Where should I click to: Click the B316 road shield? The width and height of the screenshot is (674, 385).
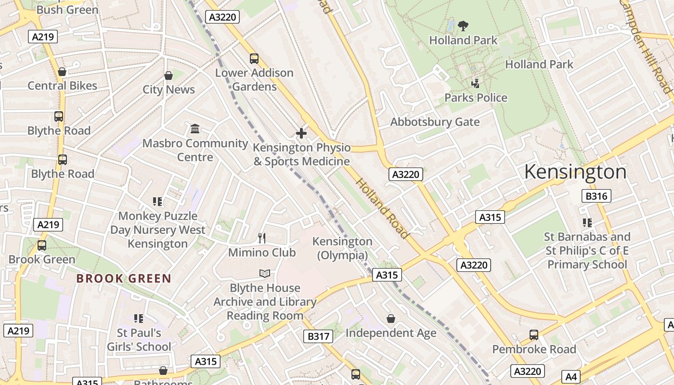pos(596,196)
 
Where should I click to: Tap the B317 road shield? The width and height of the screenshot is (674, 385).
pos(318,336)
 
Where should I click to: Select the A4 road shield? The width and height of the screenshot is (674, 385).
pos(570,376)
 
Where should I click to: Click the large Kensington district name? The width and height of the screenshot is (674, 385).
pos(575,172)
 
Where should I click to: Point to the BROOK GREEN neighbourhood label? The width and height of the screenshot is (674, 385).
pos(124,279)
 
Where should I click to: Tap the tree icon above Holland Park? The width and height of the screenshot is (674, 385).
pos(463,26)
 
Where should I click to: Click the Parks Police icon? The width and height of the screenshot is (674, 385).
pos(476,83)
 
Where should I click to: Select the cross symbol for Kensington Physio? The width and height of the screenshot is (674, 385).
pos(301,133)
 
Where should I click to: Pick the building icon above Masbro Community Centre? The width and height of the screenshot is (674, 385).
pos(195,129)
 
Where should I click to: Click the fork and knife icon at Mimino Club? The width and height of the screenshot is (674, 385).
pos(262,238)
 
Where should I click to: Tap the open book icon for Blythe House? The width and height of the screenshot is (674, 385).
pos(265,273)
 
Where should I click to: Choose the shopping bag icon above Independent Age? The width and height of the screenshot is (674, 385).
pos(391,319)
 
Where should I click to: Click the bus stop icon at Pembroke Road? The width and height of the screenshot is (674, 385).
pos(533,335)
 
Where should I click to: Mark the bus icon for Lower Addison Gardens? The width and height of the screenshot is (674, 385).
pos(254,59)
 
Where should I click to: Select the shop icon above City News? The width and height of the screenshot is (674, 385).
pos(168,76)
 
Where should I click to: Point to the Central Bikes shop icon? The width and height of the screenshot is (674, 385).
pos(62,72)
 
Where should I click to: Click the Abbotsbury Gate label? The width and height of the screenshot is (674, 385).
pos(435,122)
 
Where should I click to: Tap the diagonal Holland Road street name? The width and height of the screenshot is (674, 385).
pos(382,208)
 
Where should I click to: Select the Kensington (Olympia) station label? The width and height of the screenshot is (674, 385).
pos(342,248)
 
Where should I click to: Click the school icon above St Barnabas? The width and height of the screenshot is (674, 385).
pos(587,223)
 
